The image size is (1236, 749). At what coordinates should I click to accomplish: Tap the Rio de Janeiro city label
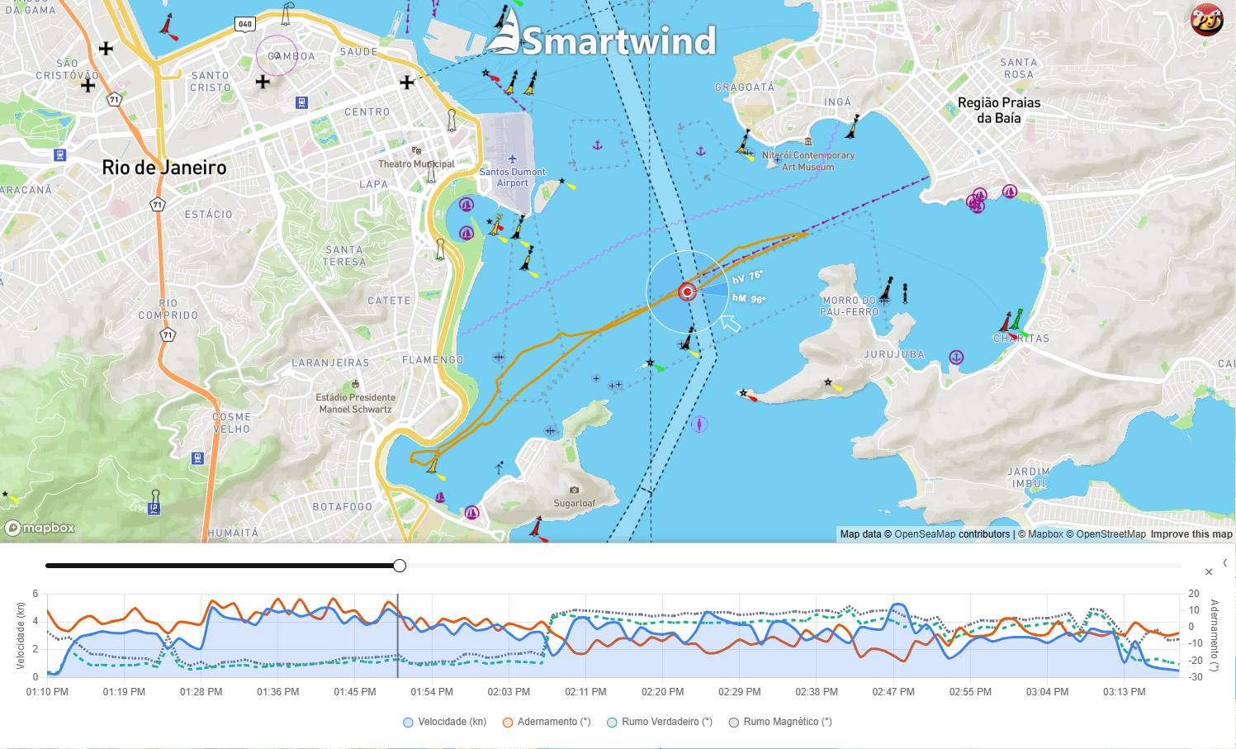pyautogui.click(x=164, y=168)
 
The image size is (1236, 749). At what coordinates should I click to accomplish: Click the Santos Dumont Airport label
pyautogui.click(x=512, y=177)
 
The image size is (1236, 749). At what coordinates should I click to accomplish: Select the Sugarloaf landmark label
pyautogui.click(x=574, y=503)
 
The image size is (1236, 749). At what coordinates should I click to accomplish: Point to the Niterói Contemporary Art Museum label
pyautogui.click(x=807, y=161)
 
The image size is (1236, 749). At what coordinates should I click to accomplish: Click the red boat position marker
pyautogui.click(x=687, y=292)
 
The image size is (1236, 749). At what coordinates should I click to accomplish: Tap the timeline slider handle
pyautogui.click(x=400, y=566)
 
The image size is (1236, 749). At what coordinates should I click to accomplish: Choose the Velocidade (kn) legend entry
pyautogui.click(x=445, y=722)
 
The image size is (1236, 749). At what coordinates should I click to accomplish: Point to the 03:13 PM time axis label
pyautogui.click(x=1124, y=692)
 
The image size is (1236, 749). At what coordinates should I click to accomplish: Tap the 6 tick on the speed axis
pyautogui.click(x=36, y=594)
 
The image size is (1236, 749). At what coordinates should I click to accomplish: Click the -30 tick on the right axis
pyautogui.click(x=1195, y=677)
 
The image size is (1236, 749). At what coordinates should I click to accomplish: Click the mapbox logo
pyautogui.click(x=40, y=528)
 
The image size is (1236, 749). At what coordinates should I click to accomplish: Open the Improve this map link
pyautogui.click(x=1191, y=534)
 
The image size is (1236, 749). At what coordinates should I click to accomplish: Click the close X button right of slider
pyautogui.click(x=1209, y=571)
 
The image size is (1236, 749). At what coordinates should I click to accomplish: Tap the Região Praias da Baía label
pyautogui.click(x=999, y=110)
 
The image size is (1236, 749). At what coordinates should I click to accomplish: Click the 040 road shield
pyautogui.click(x=245, y=24)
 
